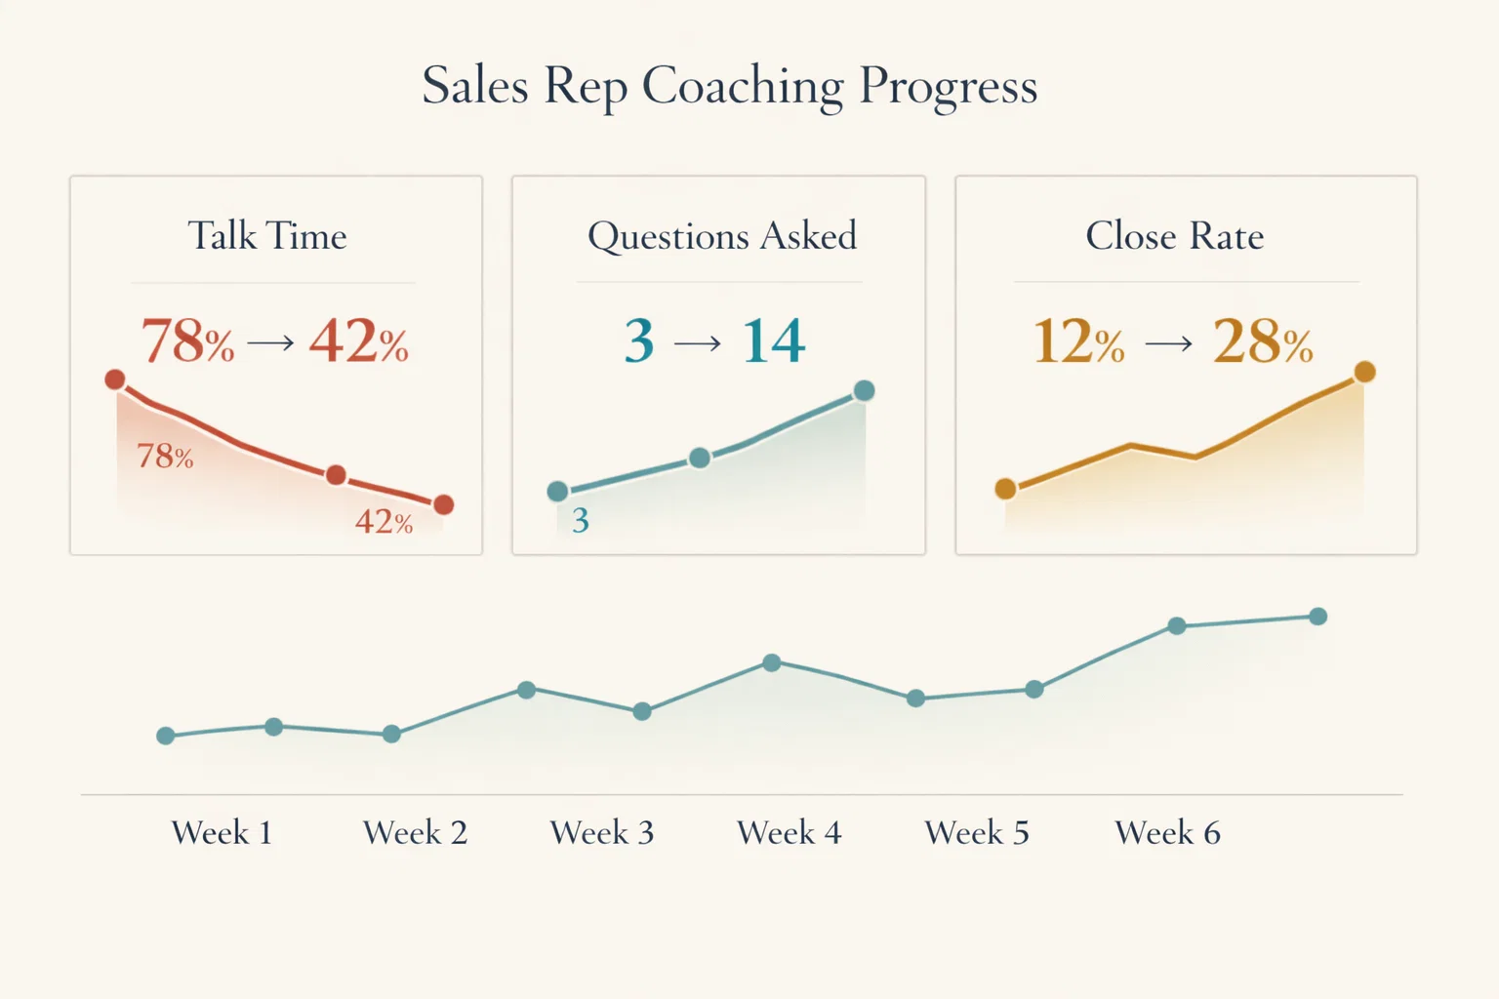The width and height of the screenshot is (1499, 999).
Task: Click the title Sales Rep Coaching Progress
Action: [x=729, y=86]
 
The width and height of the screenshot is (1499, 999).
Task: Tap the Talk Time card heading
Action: [x=267, y=236]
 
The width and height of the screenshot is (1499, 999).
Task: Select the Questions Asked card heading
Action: [x=721, y=236]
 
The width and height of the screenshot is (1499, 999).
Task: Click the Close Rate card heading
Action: [x=1174, y=236]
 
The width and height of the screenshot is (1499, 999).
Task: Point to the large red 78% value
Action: [x=187, y=341]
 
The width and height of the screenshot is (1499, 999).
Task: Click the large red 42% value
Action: [x=358, y=341]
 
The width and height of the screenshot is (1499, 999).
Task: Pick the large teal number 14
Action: [x=773, y=341]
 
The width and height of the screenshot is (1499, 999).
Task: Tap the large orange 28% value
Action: [x=1262, y=341]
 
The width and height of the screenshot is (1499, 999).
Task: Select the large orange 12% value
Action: [x=1078, y=341]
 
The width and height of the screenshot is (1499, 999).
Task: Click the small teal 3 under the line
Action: [x=581, y=521]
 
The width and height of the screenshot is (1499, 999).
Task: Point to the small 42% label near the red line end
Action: [x=384, y=522]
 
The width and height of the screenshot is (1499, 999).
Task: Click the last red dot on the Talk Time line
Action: [x=443, y=504]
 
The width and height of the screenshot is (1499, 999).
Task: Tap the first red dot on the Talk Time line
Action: [x=115, y=380]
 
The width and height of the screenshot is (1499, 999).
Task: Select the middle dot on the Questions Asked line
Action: [x=700, y=458]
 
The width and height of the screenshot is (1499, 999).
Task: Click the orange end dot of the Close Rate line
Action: [x=1364, y=372]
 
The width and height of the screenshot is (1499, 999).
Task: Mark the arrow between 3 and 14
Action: [x=698, y=343]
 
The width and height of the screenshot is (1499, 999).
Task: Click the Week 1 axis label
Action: [x=222, y=833]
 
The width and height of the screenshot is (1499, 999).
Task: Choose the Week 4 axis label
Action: [x=789, y=833]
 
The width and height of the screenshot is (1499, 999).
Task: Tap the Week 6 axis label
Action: [x=1167, y=833]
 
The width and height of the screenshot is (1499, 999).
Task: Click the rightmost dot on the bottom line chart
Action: [x=1317, y=617]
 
